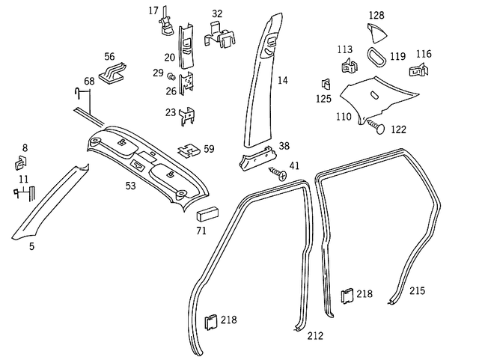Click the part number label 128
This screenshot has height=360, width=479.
coord(376,15)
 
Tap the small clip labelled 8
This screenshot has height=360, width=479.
coord(20,162)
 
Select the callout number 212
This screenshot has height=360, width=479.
coord(315,336)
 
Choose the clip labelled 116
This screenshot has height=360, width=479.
coord(421,72)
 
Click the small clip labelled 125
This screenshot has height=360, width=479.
coord(326,84)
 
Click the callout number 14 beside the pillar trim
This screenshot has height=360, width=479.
coord(282,79)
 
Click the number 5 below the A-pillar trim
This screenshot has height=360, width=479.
coord(31,245)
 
